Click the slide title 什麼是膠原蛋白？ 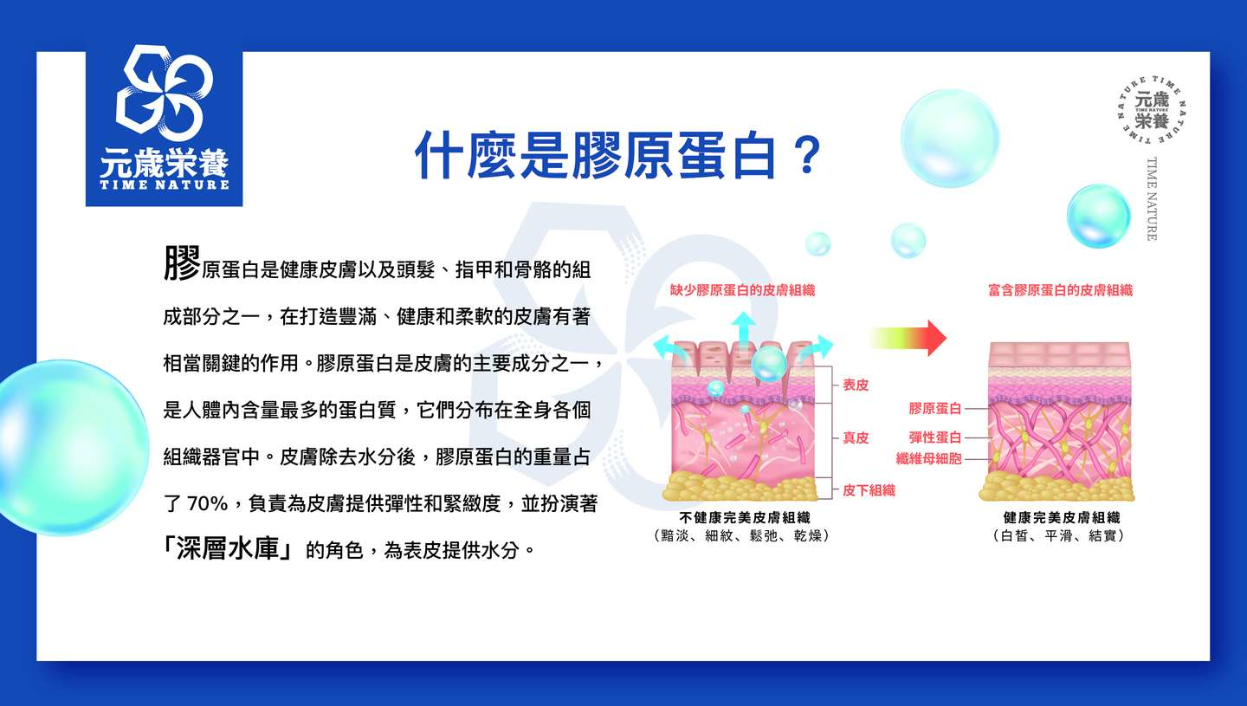pos(618,155)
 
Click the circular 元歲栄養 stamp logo pos(1151,110)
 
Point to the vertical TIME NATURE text pos(1151,198)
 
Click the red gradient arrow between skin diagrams pos(908,338)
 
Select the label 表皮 pos(856,385)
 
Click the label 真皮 pos(856,437)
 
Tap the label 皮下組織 pos(869,490)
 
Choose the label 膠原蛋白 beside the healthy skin pos(934,409)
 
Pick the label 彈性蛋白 pos(934,437)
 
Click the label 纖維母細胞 pos(928,459)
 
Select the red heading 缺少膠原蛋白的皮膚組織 pos(743,290)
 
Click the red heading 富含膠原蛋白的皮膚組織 pos(1061,290)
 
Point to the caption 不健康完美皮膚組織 pos(745,518)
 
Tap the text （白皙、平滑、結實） pos(1061,535)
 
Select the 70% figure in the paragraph pos(207,504)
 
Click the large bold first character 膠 pos(182,263)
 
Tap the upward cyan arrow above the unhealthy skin pos(743,330)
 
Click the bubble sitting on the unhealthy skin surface pos(769,364)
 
